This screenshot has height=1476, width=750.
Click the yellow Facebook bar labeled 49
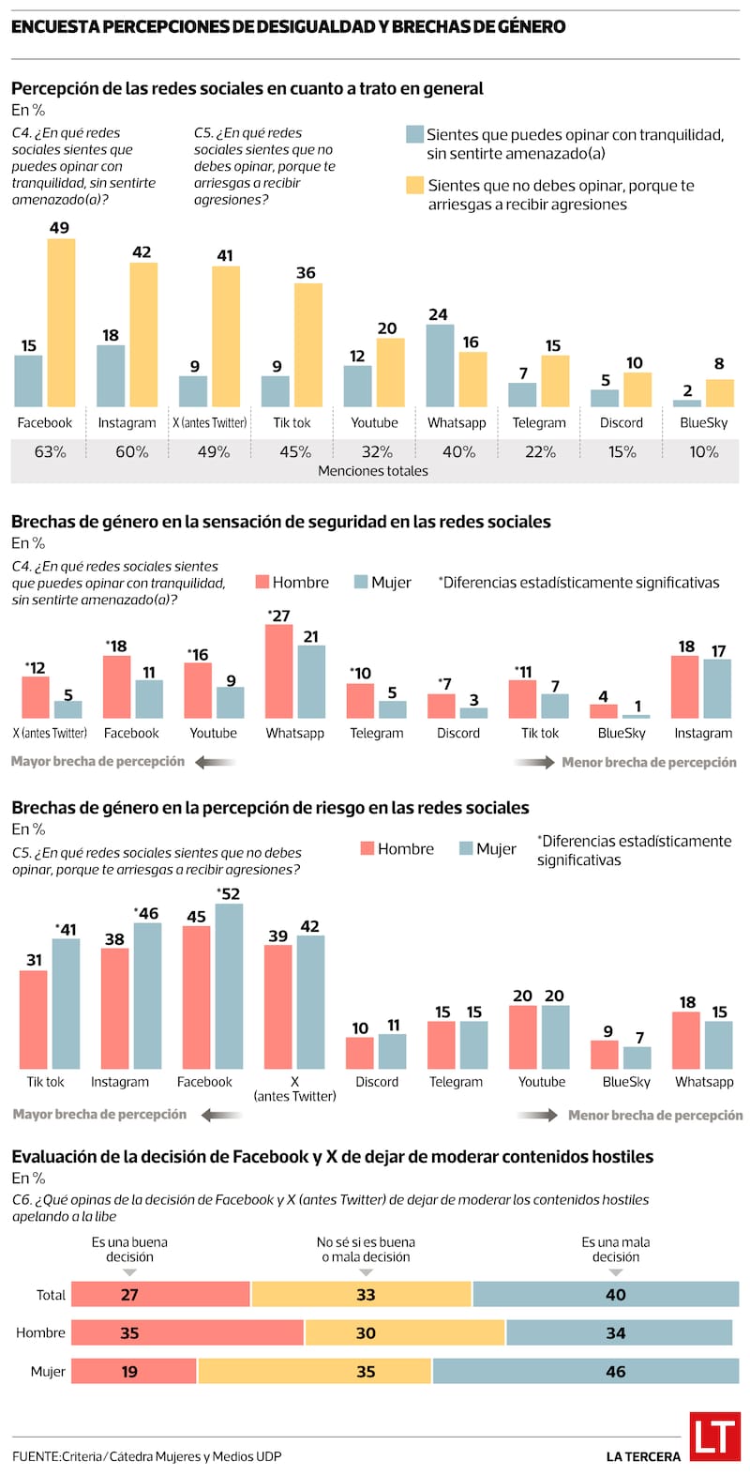(62, 322)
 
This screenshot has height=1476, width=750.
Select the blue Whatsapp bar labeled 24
(440, 366)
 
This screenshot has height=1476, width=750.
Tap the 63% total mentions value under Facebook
(51, 451)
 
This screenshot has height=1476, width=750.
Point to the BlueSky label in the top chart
(703, 422)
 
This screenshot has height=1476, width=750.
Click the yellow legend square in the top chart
(414, 185)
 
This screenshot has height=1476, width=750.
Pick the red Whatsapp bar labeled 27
(278, 672)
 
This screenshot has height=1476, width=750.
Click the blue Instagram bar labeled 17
(718, 689)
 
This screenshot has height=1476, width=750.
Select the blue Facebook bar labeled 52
(229, 986)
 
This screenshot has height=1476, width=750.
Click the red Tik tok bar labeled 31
(34, 1020)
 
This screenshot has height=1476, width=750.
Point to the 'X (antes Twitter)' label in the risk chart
(294, 1088)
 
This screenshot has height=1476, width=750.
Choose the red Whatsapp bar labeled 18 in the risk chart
(686, 1041)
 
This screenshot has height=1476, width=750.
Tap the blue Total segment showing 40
(606, 1294)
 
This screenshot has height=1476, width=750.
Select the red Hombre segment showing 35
(187, 1332)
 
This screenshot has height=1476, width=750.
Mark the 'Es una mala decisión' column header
(615, 1249)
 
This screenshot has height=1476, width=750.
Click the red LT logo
(714, 1437)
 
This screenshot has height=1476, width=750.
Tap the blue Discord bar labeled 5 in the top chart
(605, 398)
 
